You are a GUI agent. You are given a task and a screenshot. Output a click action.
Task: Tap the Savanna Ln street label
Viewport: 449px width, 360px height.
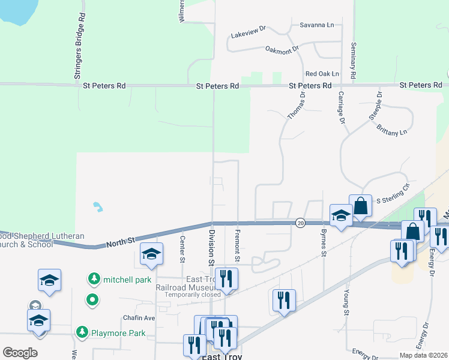[x=318, y=25]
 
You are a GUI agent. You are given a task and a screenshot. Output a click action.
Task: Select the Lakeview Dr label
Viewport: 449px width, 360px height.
[x=249, y=36]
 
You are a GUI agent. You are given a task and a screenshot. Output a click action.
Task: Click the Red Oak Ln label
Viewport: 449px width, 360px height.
[x=322, y=74]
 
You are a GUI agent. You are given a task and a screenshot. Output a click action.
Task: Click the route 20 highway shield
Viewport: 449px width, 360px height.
[x=300, y=223]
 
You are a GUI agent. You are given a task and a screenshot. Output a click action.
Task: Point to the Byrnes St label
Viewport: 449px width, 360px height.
[x=323, y=245]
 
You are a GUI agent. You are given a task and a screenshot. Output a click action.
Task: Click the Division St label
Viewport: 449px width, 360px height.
[x=211, y=247]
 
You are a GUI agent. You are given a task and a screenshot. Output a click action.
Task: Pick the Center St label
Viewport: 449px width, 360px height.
[x=182, y=248]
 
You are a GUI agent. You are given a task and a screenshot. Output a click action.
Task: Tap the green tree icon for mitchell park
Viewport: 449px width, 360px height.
[x=94, y=279]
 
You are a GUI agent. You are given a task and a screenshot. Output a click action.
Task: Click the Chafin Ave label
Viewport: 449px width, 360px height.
[x=139, y=318]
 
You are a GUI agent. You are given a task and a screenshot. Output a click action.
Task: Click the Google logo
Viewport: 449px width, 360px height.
[x=20, y=353]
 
